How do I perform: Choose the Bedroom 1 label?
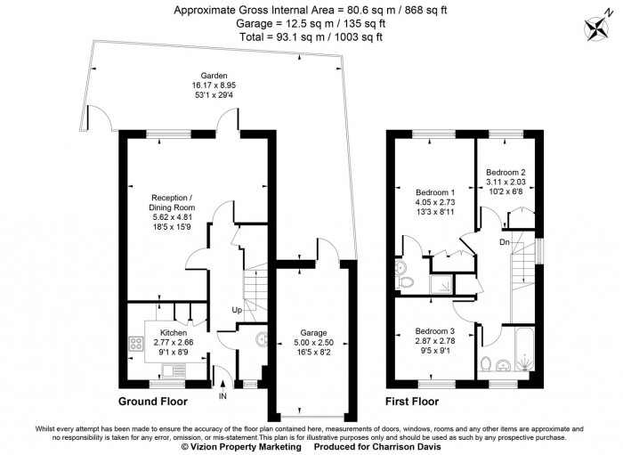435,192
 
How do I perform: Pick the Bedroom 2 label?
506,173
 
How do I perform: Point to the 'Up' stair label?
237,311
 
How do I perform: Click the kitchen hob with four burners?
137,343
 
